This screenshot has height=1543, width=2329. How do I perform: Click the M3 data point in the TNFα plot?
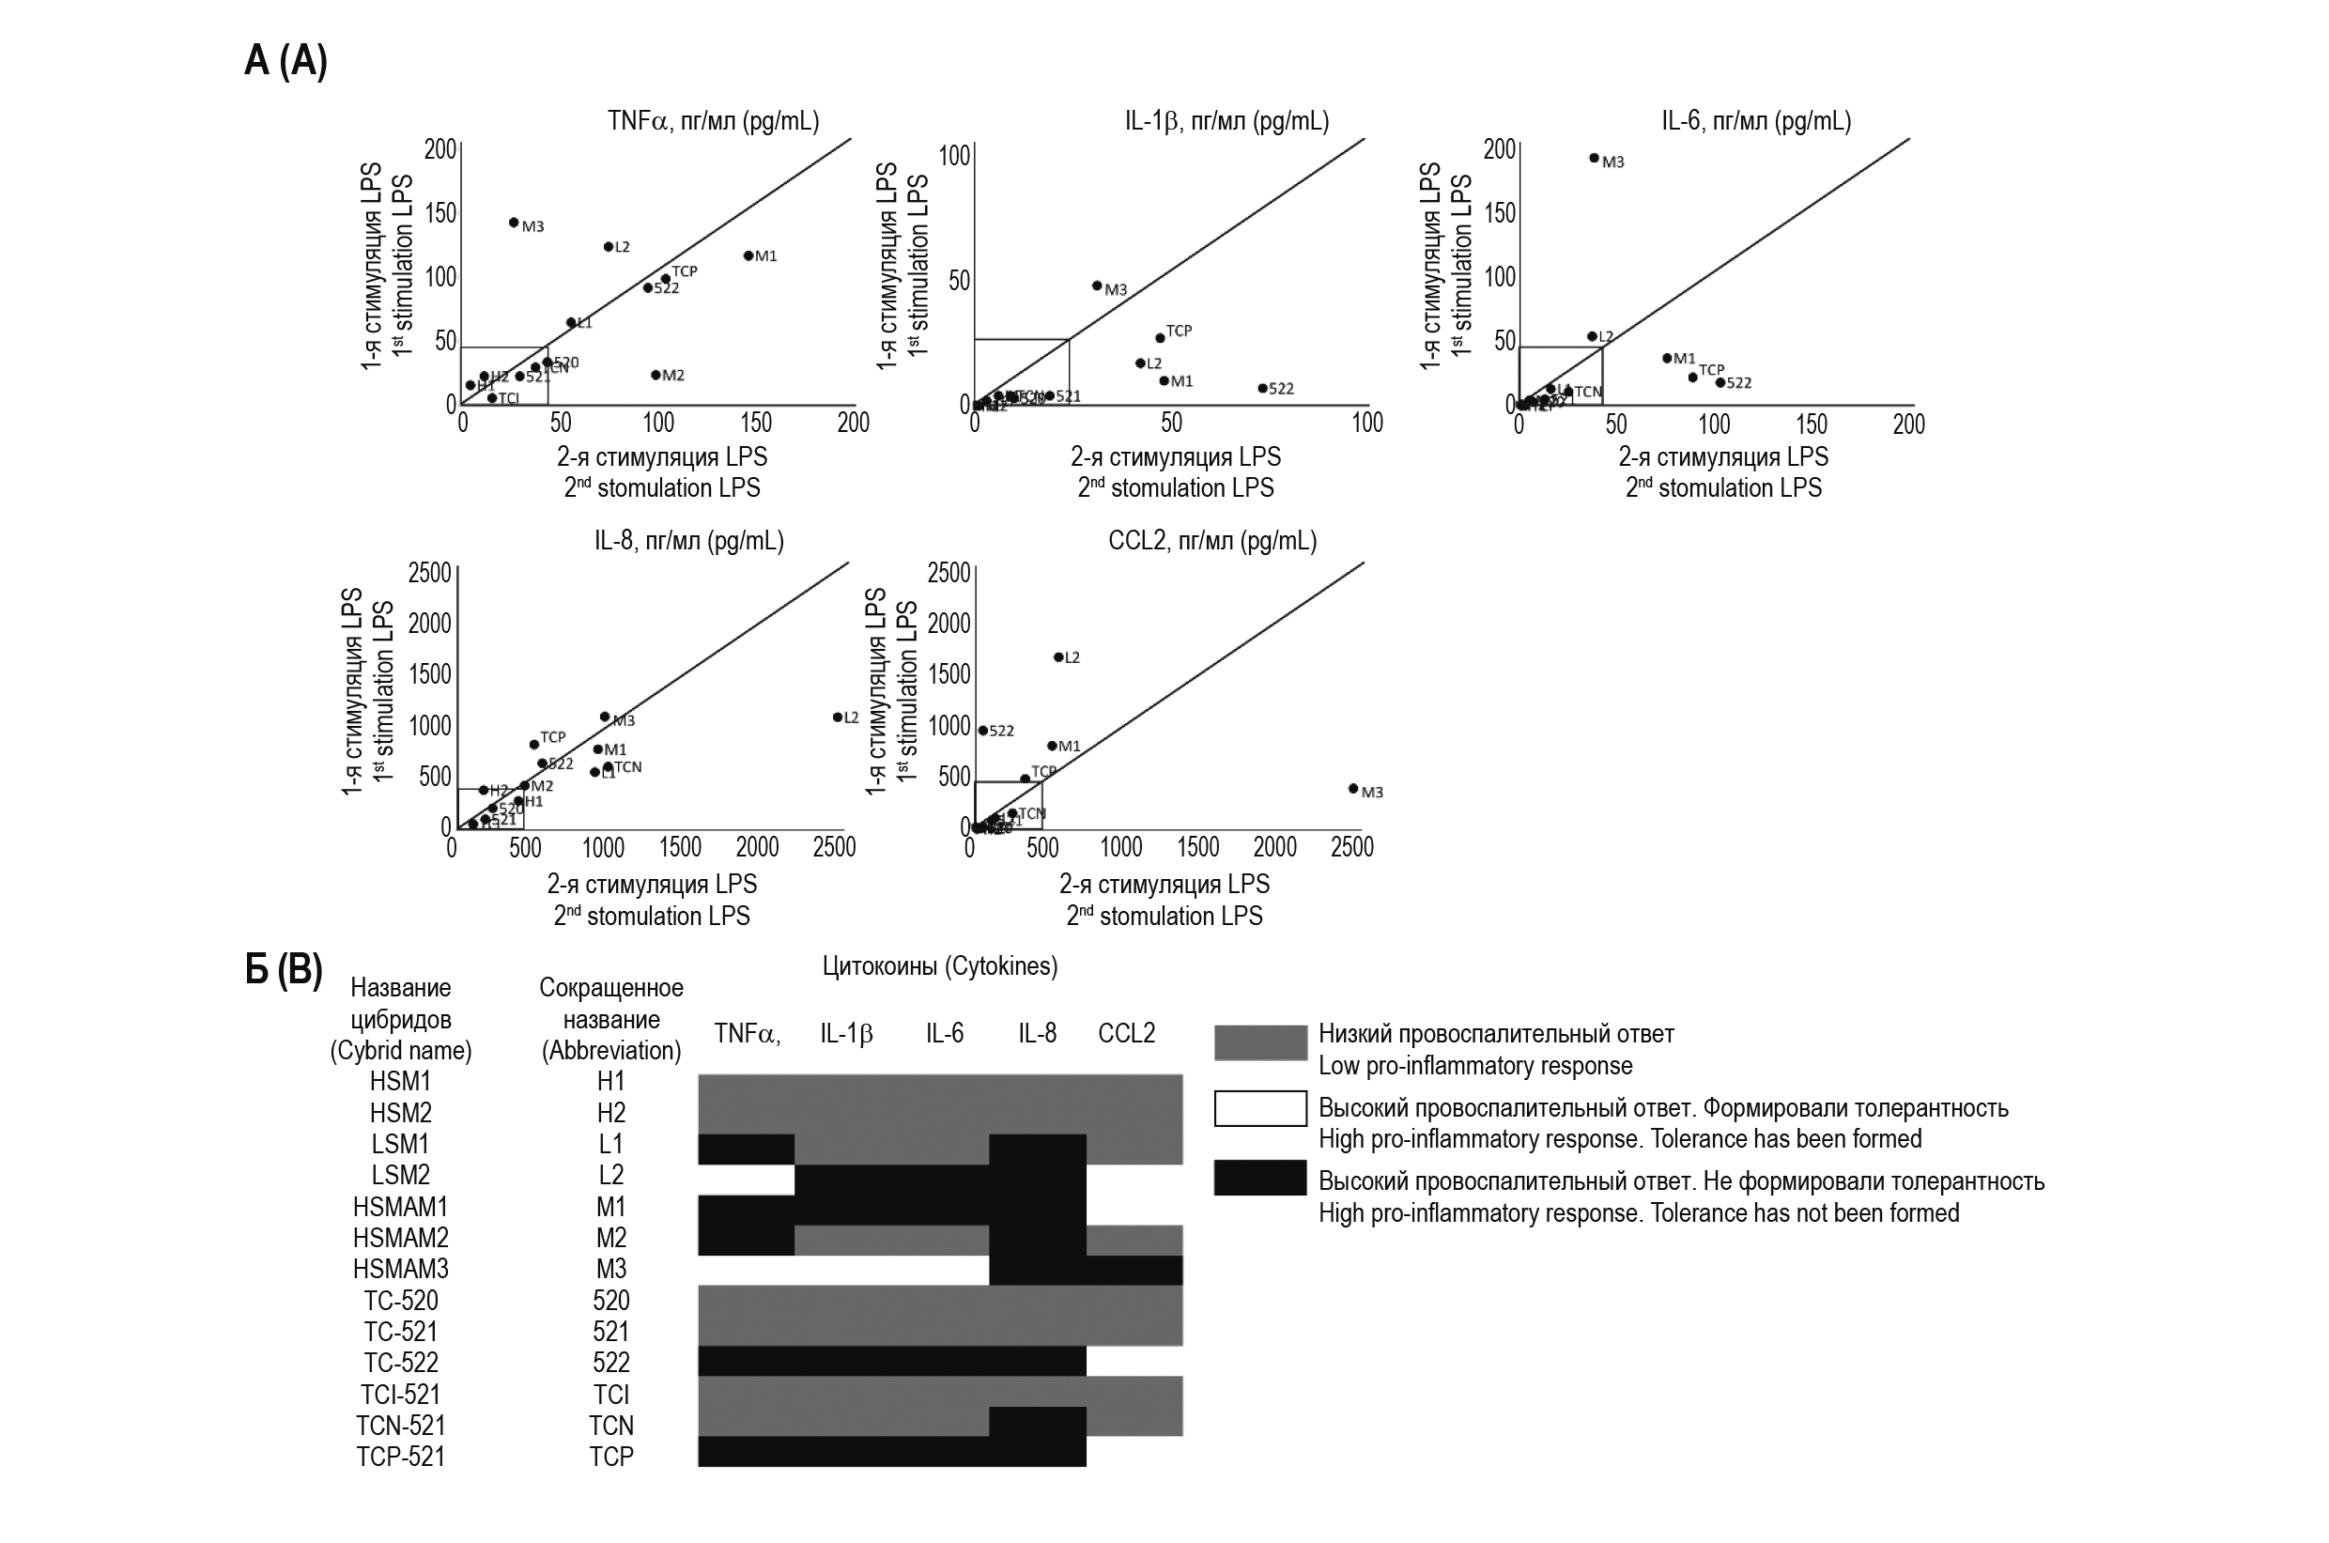(x=514, y=223)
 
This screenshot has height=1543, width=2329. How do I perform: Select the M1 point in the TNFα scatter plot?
(x=748, y=255)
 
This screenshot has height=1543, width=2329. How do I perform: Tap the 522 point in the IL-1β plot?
(x=1262, y=388)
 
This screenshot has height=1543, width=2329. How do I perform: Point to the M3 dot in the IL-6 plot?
(x=1594, y=158)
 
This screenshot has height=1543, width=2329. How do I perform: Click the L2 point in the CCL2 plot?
(x=1058, y=656)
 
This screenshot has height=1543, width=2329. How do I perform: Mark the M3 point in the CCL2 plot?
(x=1353, y=788)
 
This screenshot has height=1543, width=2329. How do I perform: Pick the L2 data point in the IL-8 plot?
(x=838, y=717)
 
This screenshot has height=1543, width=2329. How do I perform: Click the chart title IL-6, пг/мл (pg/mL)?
(x=1755, y=121)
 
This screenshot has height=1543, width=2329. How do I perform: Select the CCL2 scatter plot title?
(x=1211, y=540)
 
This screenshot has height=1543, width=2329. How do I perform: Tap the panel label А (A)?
(x=285, y=61)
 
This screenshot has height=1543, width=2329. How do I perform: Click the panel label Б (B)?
(x=284, y=969)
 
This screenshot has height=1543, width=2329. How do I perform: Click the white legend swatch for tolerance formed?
(x=1259, y=1108)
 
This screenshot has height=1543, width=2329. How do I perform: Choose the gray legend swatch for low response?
(x=1259, y=1042)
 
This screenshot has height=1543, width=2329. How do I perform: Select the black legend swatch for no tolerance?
(x=1259, y=1178)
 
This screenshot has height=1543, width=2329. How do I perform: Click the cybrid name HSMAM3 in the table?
(x=400, y=1269)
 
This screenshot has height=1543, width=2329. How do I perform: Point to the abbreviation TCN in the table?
(x=611, y=1425)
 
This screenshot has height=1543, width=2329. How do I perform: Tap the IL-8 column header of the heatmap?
(x=1037, y=1033)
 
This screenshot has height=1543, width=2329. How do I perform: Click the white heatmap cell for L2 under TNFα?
(x=746, y=1179)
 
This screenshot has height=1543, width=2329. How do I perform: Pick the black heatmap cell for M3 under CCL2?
(x=1134, y=1270)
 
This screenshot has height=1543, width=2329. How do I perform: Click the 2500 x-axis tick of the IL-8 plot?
(x=833, y=847)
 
